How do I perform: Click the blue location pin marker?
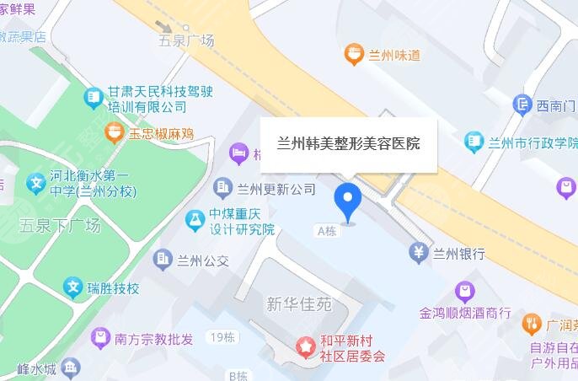point(348,199)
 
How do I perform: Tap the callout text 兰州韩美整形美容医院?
point(348,144)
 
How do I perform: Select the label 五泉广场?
point(186,40)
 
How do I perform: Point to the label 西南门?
point(556,105)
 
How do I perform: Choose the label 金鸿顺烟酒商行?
point(465,313)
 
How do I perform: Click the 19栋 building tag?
point(222,338)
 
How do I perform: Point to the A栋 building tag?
point(329,229)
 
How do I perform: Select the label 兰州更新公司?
point(276,189)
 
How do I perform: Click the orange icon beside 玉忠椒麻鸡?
point(114,132)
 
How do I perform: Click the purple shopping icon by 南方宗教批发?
point(100,339)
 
